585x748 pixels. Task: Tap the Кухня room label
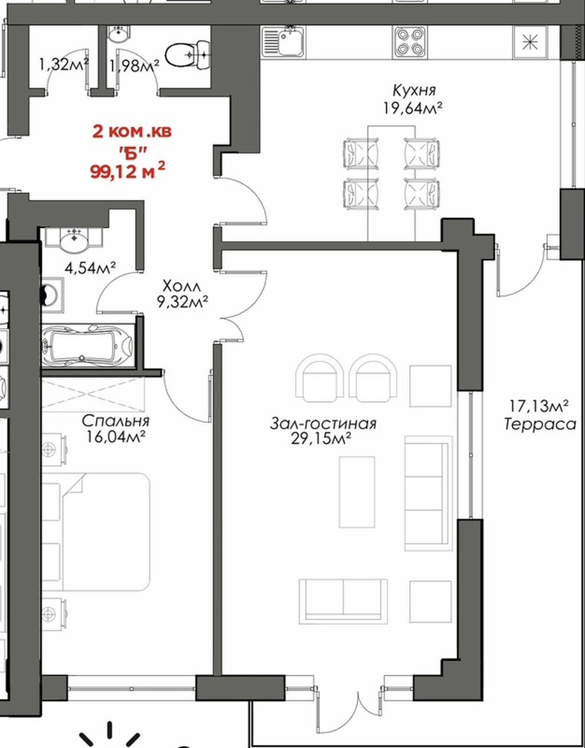click(x=414, y=90)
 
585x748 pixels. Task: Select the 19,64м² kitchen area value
click(x=412, y=108)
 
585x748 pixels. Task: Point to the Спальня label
click(x=115, y=421)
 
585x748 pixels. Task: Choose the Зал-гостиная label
click(x=323, y=424)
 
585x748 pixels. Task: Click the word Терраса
click(x=540, y=424)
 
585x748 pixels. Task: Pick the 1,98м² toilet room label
click(x=134, y=65)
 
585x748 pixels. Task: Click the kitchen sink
click(x=283, y=42)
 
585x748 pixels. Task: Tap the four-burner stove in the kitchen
click(x=408, y=42)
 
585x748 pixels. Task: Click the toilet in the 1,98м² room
click(x=188, y=54)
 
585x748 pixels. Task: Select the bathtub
click(x=88, y=345)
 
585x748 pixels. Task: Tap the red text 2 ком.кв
click(x=132, y=132)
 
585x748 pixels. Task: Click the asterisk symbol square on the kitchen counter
click(x=530, y=42)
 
